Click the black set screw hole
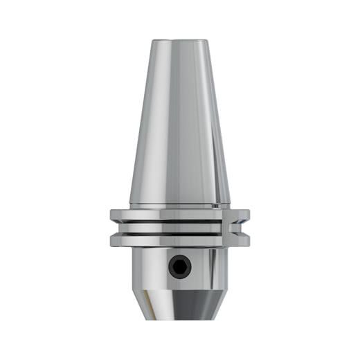[x=180, y=266]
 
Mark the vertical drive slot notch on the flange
[x=226, y=227]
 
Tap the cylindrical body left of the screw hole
[x=149, y=267]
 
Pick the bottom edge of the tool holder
[x=179, y=319]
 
